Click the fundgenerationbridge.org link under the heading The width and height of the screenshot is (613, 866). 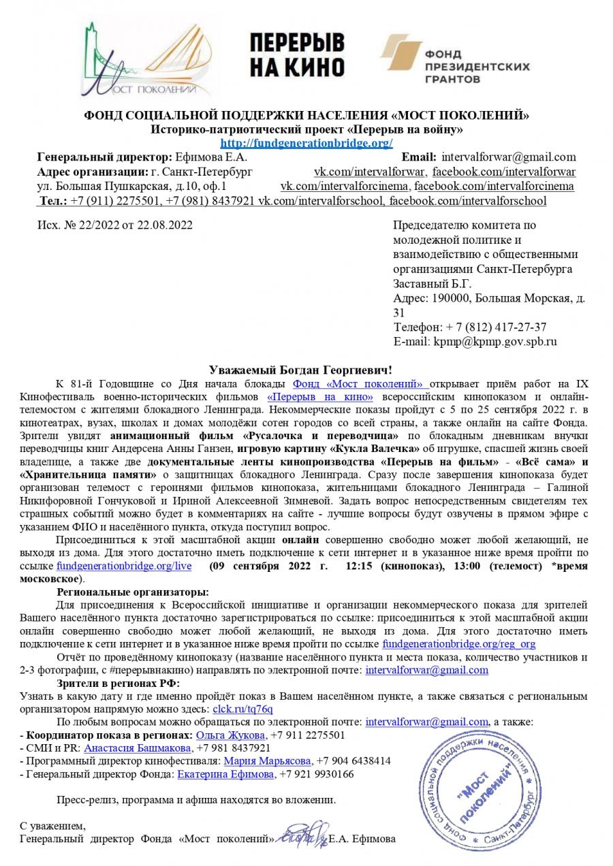coord(306,143)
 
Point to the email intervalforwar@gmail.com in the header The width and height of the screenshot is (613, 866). coord(509,157)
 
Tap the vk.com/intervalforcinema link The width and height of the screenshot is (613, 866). coord(345,186)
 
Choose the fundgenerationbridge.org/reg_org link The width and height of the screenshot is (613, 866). coord(459,643)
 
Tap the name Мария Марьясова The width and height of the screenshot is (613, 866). coord(267,761)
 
